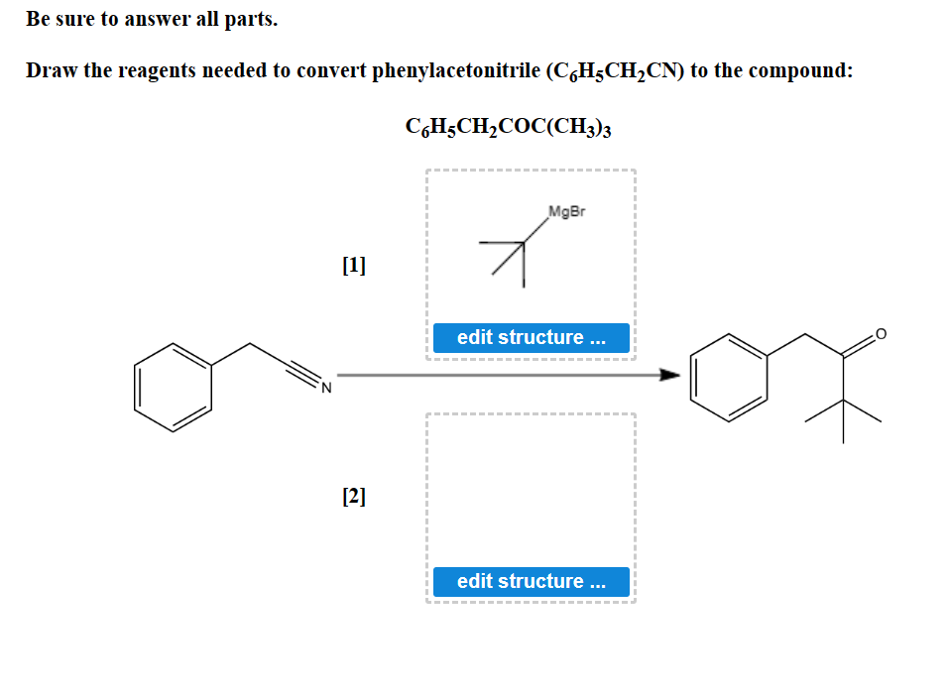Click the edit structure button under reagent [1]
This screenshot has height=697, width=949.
(x=531, y=337)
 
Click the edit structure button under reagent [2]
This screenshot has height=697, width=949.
(x=531, y=581)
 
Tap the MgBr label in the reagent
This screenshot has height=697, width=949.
(x=564, y=211)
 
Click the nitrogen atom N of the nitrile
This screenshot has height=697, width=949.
(x=324, y=385)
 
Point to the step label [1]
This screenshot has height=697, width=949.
(x=353, y=265)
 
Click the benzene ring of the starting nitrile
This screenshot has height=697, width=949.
(x=174, y=386)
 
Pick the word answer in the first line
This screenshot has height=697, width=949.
(x=157, y=19)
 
